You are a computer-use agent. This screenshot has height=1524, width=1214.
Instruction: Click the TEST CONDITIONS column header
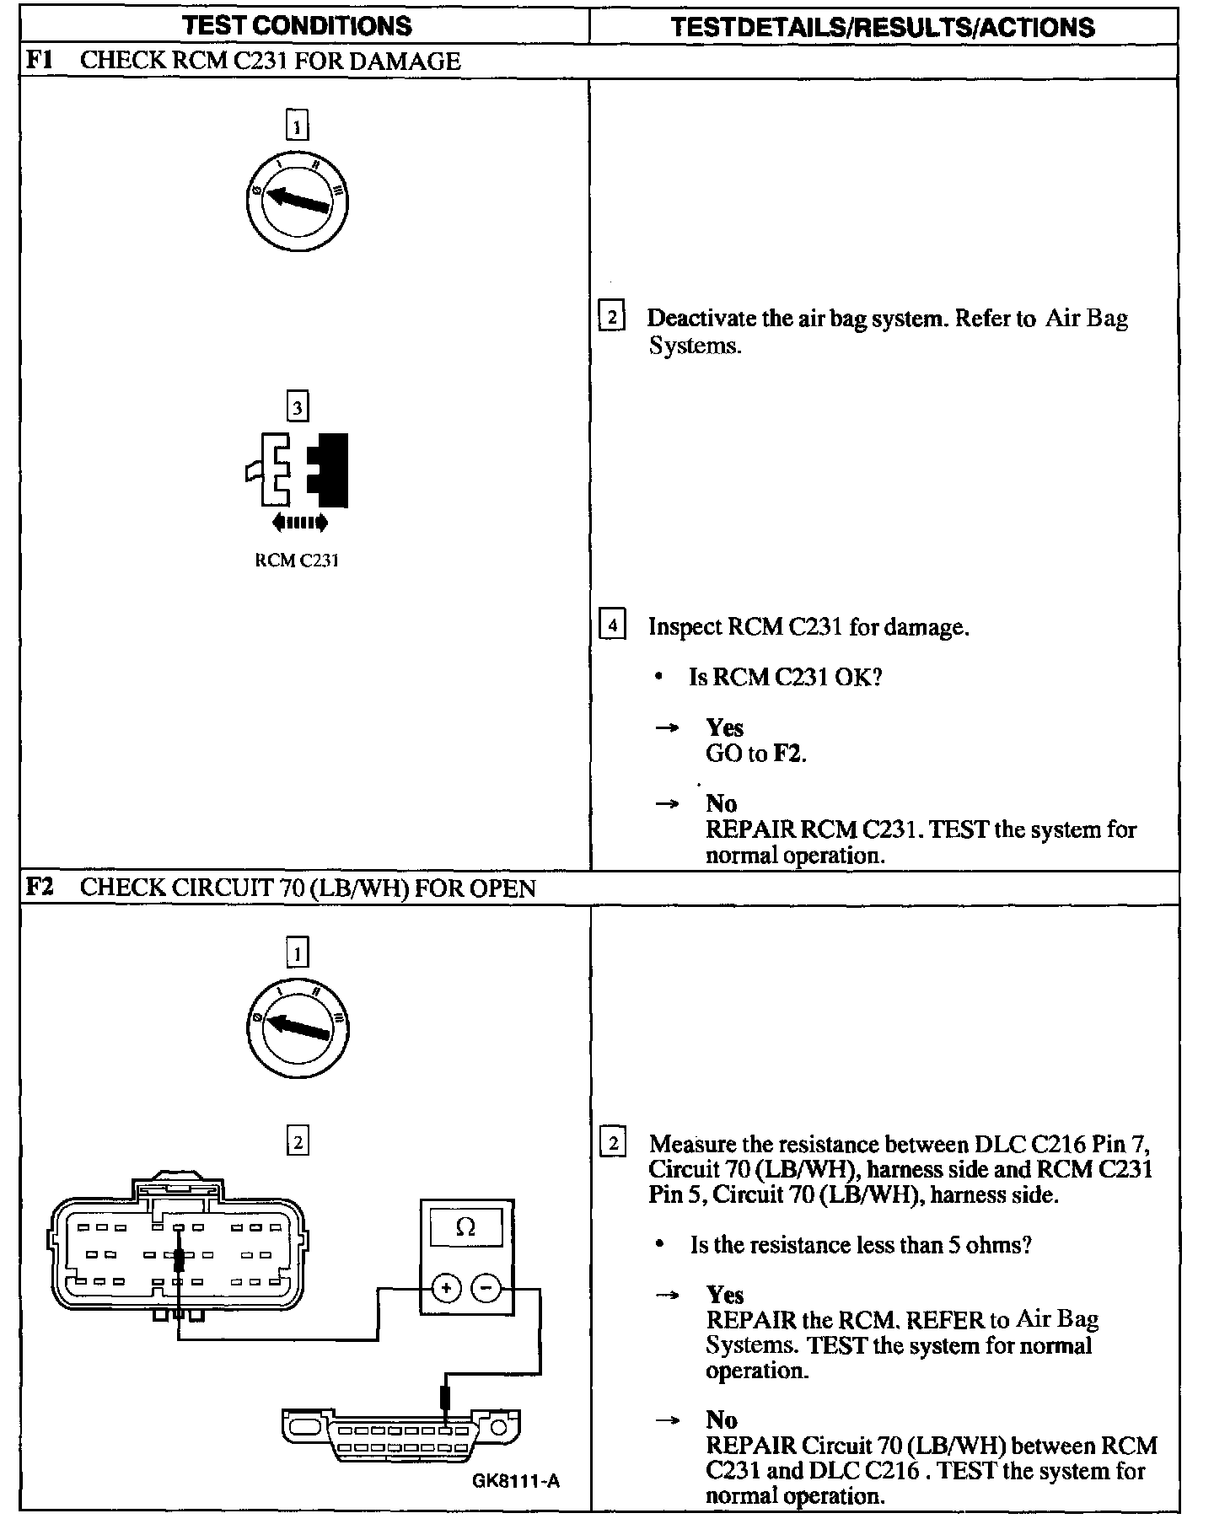click(x=297, y=25)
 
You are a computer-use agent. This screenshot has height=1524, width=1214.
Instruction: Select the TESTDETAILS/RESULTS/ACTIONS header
click(x=883, y=27)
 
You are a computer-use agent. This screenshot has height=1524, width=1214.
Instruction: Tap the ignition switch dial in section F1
click(x=297, y=201)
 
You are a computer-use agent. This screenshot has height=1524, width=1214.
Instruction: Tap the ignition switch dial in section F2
click(x=297, y=1028)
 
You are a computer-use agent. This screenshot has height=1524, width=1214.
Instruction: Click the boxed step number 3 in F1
click(x=297, y=408)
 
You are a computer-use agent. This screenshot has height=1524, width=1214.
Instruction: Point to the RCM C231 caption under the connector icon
click(x=297, y=561)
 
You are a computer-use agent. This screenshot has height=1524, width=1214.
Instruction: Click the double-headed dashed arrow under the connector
click(x=299, y=523)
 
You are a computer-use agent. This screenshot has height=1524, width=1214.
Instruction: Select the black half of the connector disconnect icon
click(x=330, y=470)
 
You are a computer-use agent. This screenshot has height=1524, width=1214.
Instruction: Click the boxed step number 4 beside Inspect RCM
click(x=612, y=625)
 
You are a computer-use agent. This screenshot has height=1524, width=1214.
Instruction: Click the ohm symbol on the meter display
click(x=465, y=1227)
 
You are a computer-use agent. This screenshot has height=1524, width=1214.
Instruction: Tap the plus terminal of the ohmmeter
click(x=446, y=1288)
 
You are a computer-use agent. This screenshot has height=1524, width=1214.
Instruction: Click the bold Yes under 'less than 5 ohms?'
click(x=725, y=1295)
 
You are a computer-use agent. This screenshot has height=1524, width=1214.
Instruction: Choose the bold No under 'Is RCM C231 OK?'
click(x=722, y=803)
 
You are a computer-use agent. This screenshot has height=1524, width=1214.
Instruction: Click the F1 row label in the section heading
click(x=40, y=61)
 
